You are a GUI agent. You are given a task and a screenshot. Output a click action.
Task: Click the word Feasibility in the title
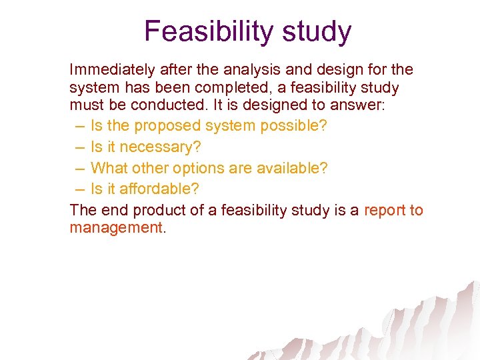click(x=200, y=31)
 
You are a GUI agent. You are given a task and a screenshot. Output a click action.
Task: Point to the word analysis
click(x=248, y=70)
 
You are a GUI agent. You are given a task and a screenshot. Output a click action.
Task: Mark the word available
click(x=293, y=168)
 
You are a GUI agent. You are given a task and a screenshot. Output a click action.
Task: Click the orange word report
click(x=385, y=211)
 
